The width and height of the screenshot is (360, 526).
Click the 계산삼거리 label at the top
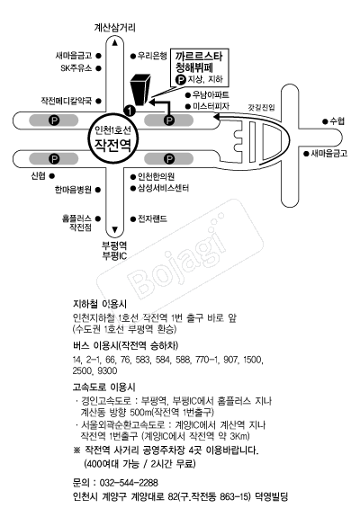pos(114,27)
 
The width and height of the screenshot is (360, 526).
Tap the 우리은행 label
pos(152,56)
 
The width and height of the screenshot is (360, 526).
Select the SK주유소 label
pos(76,68)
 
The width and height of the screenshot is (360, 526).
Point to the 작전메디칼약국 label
pos(67,101)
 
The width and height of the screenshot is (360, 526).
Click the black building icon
pos(140,89)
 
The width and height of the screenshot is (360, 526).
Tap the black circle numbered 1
pos(130,110)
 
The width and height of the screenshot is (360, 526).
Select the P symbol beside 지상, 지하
pos(181,80)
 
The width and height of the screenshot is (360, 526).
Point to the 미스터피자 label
pos(211,106)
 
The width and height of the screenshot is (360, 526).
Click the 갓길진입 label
pos(261,107)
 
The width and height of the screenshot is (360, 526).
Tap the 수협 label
pos(337,120)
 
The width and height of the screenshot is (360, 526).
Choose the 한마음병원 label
pos(73,190)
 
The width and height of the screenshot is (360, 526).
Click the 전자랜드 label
pos(152,219)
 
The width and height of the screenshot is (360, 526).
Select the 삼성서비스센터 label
pos(163,188)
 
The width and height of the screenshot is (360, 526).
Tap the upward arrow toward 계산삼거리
pos(115,42)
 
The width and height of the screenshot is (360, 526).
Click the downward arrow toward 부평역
pos(115,230)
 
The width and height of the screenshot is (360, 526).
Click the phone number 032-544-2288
pos(129,483)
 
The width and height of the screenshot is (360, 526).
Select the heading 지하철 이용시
pos(100,304)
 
